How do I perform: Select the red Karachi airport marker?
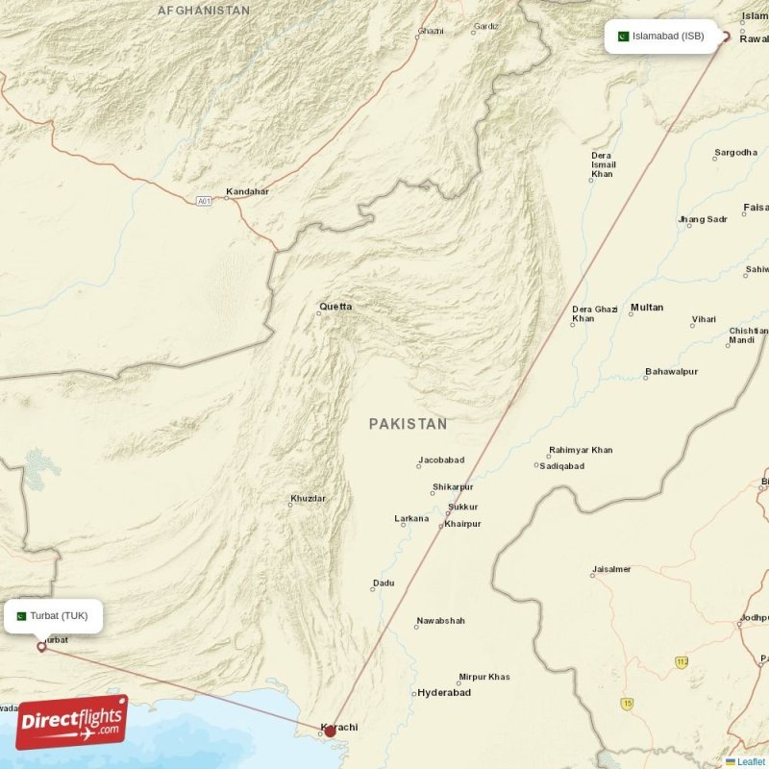pos(330,731)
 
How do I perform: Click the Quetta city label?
pos(335,307)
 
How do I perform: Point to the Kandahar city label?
pos(247,192)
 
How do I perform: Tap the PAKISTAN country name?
pos(408,424)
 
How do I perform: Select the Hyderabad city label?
pos(443,692)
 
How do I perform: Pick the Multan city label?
pos(646,308)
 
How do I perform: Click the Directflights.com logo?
pos(71,722)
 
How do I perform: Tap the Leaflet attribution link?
pos(751,761)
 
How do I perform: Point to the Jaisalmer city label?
pos(611,569)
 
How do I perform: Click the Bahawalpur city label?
pos(672,371)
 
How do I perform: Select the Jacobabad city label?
pos(441,460)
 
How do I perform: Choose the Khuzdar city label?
pos(308,498)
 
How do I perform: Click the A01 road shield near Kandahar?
pos(203,201)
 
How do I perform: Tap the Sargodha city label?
pos(735,153)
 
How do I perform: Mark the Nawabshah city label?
pos(440,621)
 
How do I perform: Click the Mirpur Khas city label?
pos(484,677)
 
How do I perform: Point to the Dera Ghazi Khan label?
pos(594,313)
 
